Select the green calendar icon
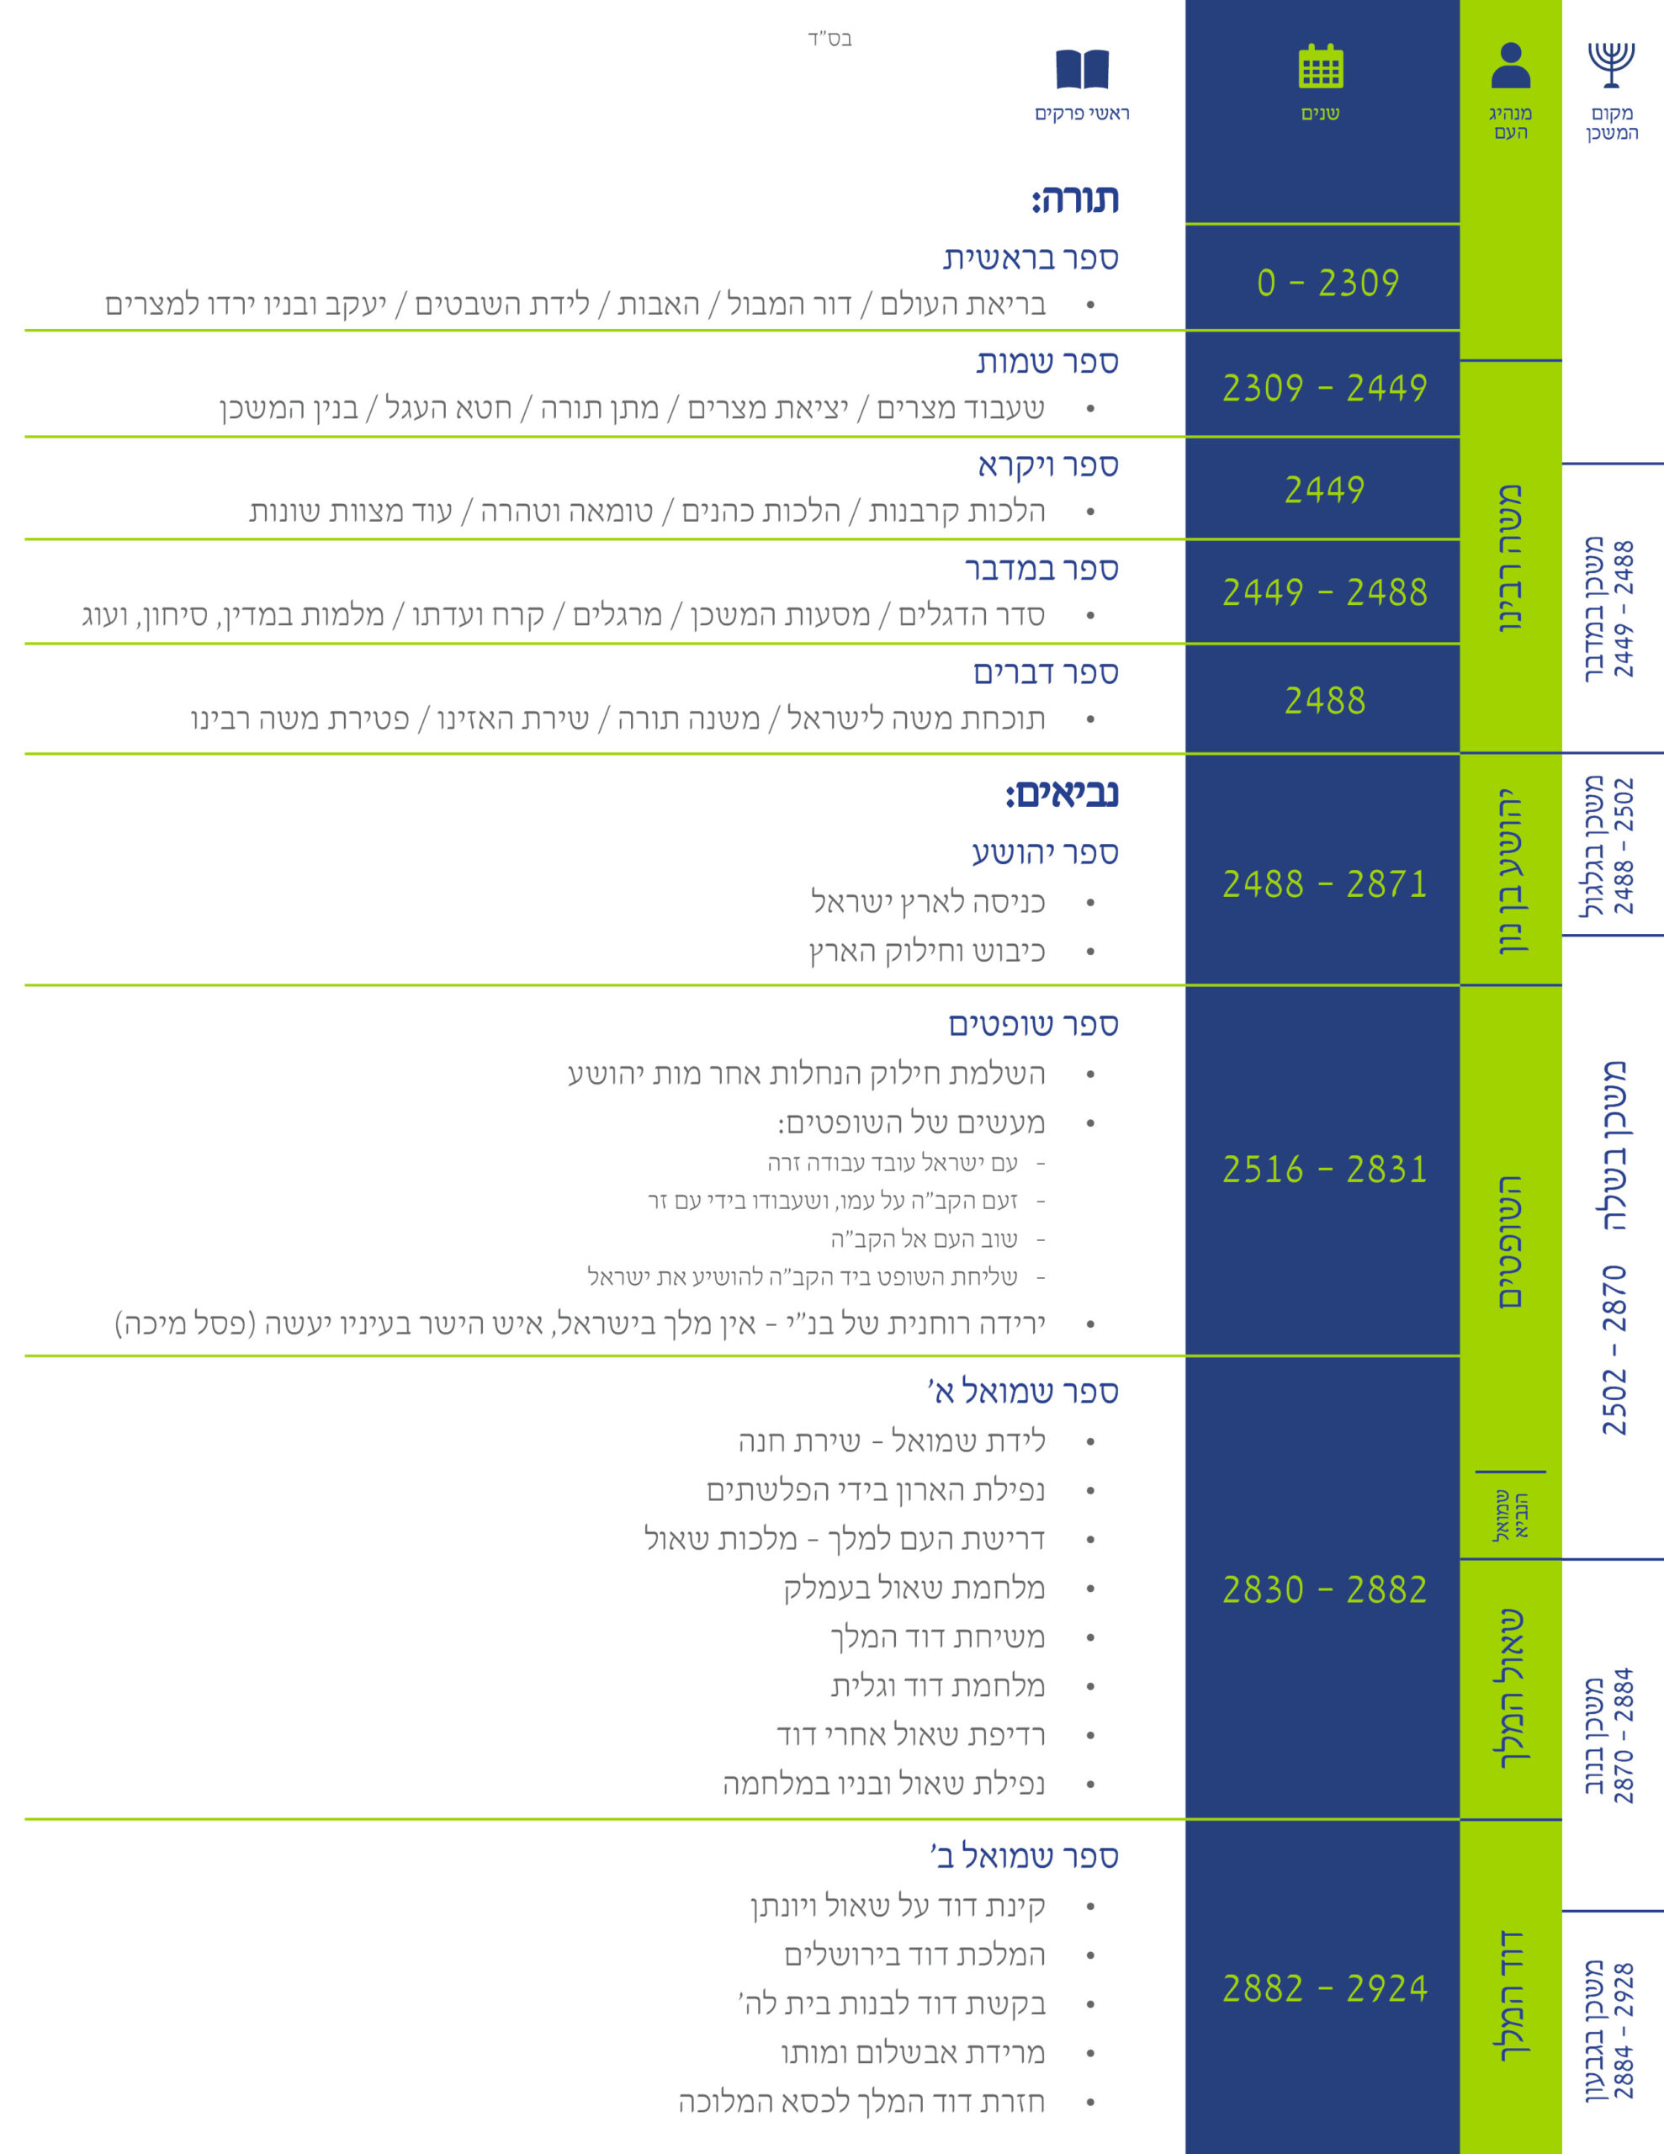(1321, 66)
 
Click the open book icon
(1082, 69)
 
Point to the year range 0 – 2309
(1327, 283)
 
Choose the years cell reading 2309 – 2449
(1325, 388)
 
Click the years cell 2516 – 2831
(1325, 1170)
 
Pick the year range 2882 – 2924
(1325, 1988)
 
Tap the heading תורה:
(1075, 199)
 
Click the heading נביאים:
(1062, 794)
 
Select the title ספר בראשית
(1031, 258)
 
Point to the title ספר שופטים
(1034, 1025)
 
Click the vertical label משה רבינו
(1510, 558)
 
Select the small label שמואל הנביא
(1511, 1515)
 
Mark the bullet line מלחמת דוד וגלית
(937, 1685)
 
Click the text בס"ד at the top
(829, 39)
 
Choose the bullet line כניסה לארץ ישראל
(927, 901)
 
